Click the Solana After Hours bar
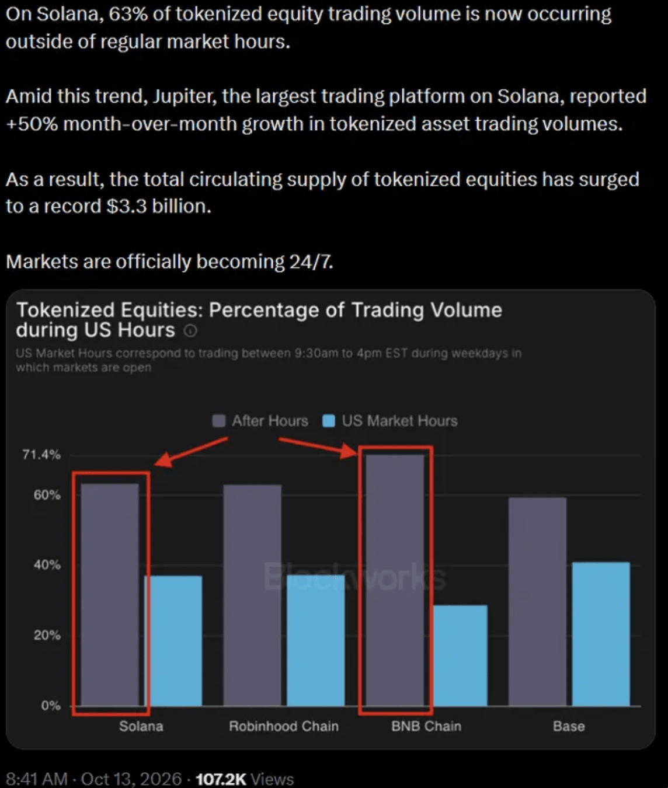pyautogui.click(x=110, y=595)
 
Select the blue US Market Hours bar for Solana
pyautogui.click(x=173, y=641)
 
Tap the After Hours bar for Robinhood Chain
pyautogui.click(x=252, y=595)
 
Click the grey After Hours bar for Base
pyautogui.click(x=538, y=602)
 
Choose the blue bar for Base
pyautogui.click(x=601, y=634)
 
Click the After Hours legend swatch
pyautogui.click(x=219, y=421)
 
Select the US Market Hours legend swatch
pyautogui.click(x=329, y=421)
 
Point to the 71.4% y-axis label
pyautogui.click(x=41, y=455)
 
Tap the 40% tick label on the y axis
pyautogui.click(x=47, y=564)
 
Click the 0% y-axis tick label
pyautogui.click(x=51, y=706)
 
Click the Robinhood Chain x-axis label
pyautogui.click(x=284, y=726)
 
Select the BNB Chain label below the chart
pyautogui.click(x=426, y=726)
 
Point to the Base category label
pyautogui.click(x=569, y=726)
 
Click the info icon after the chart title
pyautogui.click(x=190, y=330)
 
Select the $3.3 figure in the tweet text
pyautogui.click(x=127, y=206)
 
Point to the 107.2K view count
pyautogui.click(x=221, y=779)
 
